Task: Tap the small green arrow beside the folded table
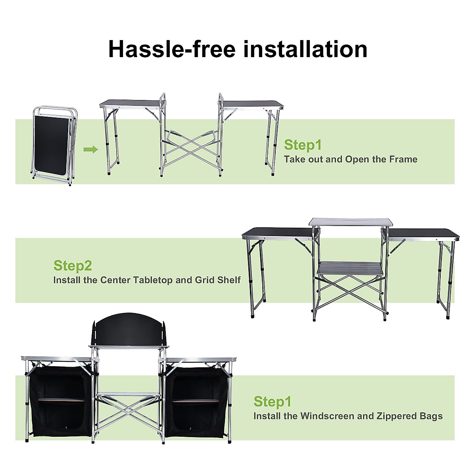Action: pos(91,150)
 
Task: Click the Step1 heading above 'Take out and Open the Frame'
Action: pos(303,145)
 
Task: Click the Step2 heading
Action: pos(73,266)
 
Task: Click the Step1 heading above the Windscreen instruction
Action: pos(273,402)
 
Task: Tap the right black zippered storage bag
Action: pos(196,401)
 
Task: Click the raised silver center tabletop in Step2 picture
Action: pos(351,222)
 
